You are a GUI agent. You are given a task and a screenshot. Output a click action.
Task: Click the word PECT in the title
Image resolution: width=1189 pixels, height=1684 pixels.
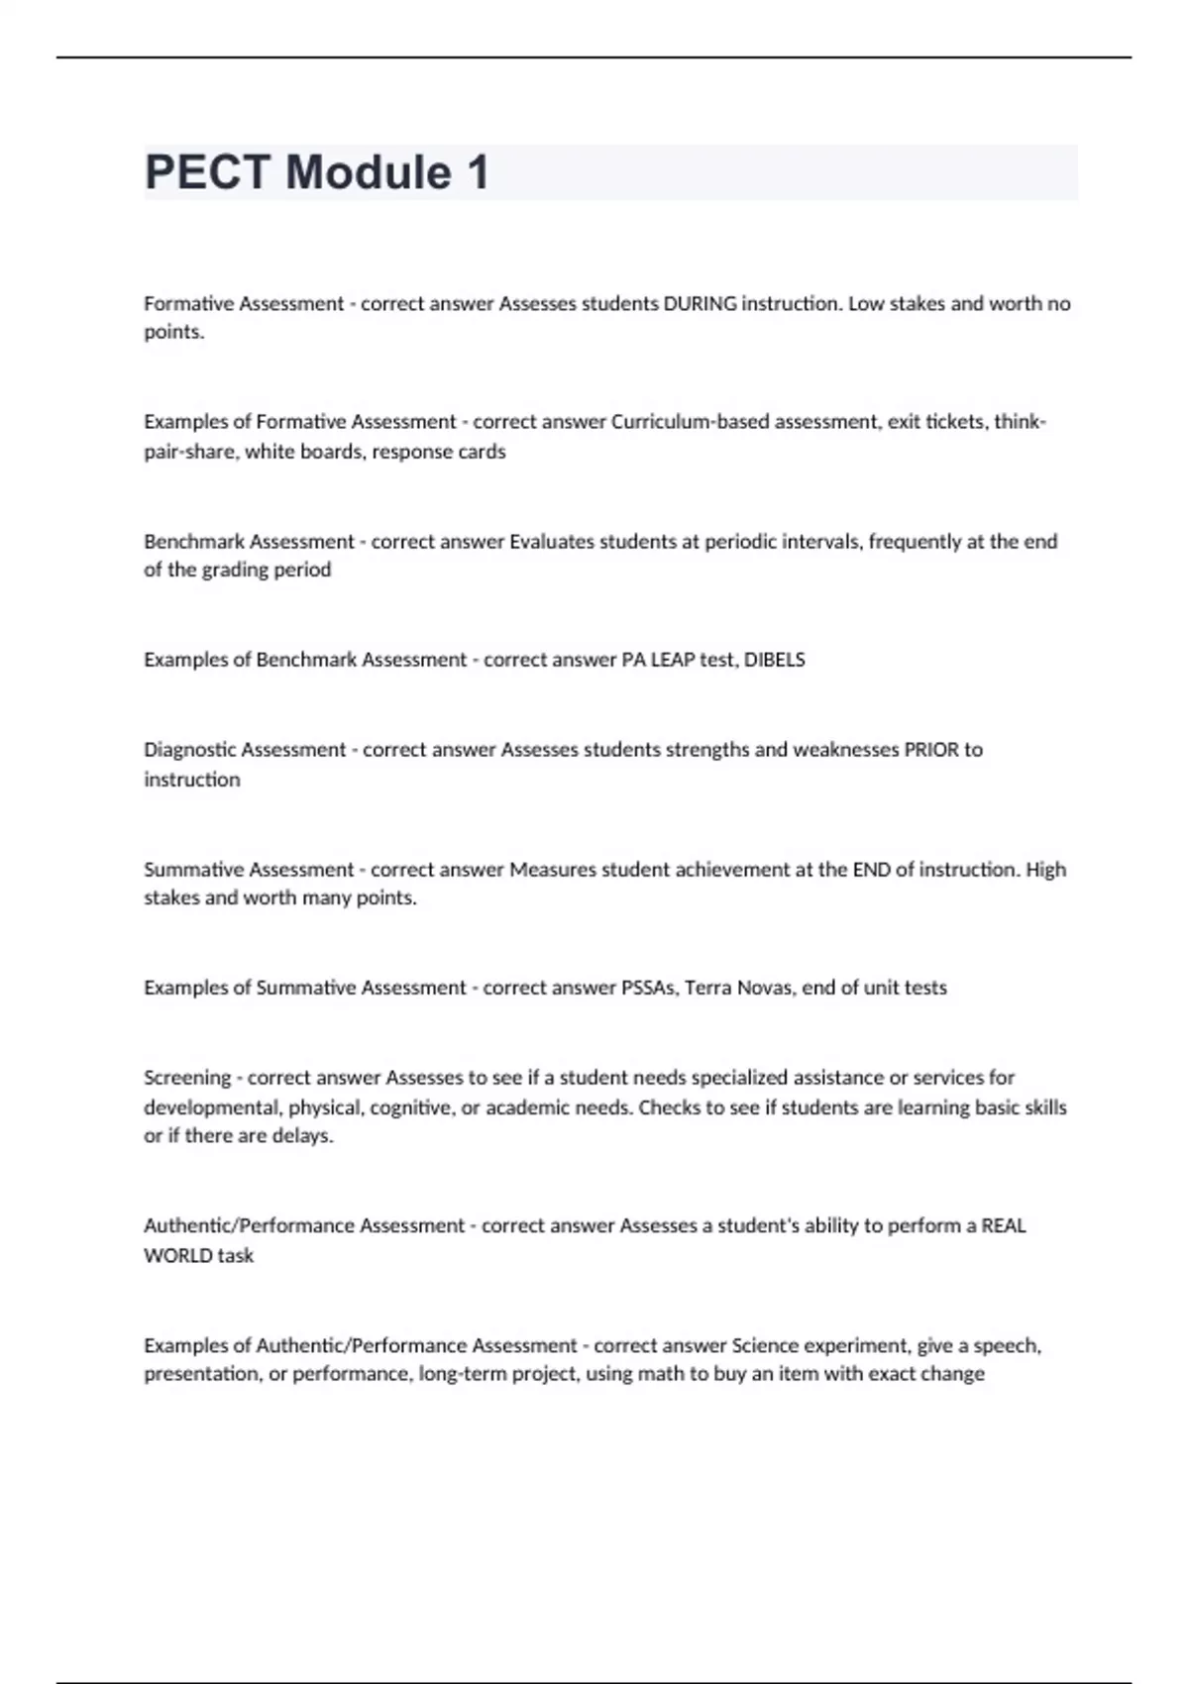(x=206, y=172)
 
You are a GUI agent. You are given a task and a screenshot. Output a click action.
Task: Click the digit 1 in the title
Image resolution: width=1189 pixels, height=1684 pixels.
(x=478, y=172)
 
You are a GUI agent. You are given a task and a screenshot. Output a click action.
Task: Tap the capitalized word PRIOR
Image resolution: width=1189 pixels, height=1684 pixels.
(x=930, y=750)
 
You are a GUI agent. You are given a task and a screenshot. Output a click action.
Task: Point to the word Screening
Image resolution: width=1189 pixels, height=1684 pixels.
(x=187, y=1078)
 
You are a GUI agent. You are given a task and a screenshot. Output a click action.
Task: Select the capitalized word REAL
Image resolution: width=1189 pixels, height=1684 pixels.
(x=1003, y=1226)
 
